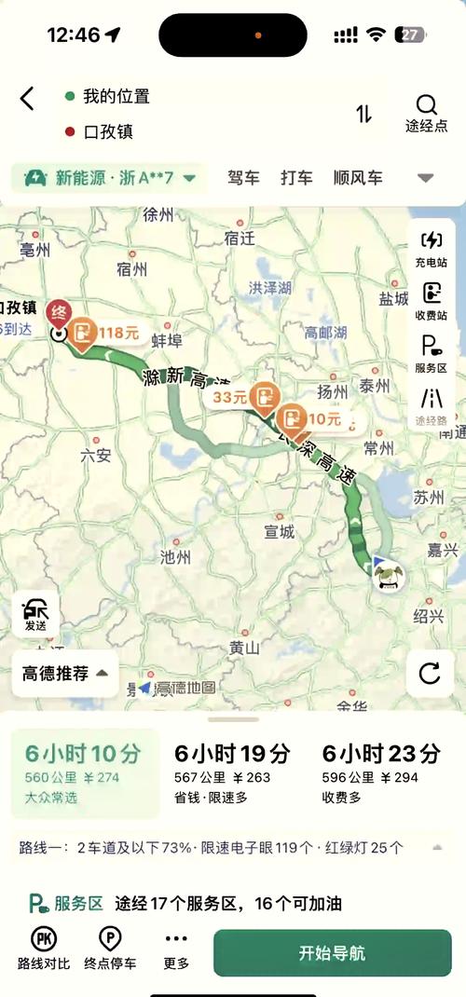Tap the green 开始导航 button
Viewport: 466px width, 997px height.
tap(332, 953)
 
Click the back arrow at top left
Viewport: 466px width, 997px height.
tap(27, 98)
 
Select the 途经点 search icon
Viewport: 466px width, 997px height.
tap(426, 112)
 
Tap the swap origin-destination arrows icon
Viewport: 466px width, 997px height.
tap(363, 114)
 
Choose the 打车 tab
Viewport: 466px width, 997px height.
tap(296, 177)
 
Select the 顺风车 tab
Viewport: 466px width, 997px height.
tap(358, 177)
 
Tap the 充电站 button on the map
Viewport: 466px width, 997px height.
tap(432, 249)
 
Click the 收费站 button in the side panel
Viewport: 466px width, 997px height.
tap(432, 302)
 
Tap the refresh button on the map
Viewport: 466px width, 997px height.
tap(430, 673)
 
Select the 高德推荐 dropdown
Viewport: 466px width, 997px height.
tap(65, 673)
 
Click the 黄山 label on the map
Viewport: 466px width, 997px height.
tap(244, 647)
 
